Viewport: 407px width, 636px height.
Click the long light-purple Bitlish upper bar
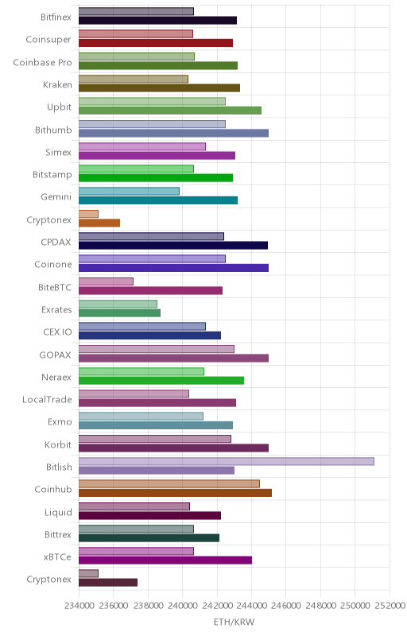[x=227, y=461]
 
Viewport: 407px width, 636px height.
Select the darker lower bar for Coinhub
[x=175, y=493]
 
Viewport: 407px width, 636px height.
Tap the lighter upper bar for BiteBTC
[x=106, y=281]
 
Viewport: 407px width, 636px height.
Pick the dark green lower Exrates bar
[x=119, y=312]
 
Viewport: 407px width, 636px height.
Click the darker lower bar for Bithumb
[x=173, y=133]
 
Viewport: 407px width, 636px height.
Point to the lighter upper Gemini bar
[x=129, y=191]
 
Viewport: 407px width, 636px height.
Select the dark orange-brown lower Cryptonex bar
[x=99, y=223]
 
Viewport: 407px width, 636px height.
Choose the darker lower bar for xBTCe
[x=165, y=560]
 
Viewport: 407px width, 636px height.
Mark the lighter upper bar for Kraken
[x=134, y=79]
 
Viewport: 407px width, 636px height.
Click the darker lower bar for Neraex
[x=161, y=381]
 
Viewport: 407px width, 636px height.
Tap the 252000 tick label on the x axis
[x=390, y=606]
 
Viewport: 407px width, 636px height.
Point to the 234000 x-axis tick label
[x=79, y=606]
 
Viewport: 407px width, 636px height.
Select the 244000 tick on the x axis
[x=251, y=606]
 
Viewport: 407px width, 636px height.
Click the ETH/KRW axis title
[x=235, y=622]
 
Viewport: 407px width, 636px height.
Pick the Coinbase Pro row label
[x=42, y=63]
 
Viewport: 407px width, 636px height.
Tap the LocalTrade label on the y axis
[x=47, y=400]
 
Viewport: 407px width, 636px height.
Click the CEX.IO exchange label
[x=57, y=332]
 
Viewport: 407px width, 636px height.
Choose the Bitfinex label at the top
[x=56, y=17]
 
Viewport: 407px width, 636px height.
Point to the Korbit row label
[x=58, y=444]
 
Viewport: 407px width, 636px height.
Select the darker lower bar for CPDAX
[x=173, y=246]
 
